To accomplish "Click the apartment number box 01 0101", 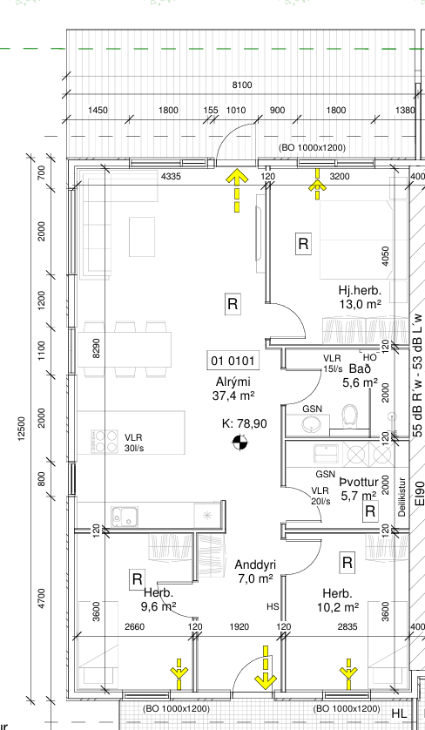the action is coord(233,361).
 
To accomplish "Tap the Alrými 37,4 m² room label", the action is coord(233,389).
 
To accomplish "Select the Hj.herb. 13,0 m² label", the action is coord(360,297).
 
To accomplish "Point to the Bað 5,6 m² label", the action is coord(360,375).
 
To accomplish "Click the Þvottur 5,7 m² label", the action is coord(359,489).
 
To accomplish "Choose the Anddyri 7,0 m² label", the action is coord(255,571).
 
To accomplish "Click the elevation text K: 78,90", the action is coord(245,423).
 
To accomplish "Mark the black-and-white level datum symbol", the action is coord(240,443).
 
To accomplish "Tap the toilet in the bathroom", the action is coord(349,416).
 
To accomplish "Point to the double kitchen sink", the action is coord(124,517).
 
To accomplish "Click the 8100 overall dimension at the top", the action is coord(241,84).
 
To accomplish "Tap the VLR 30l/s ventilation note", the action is coord(133,443).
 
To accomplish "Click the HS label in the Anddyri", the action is coord(273,606).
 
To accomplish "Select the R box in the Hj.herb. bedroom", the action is coord(303,244).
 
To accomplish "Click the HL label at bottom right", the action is coord(399,713).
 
